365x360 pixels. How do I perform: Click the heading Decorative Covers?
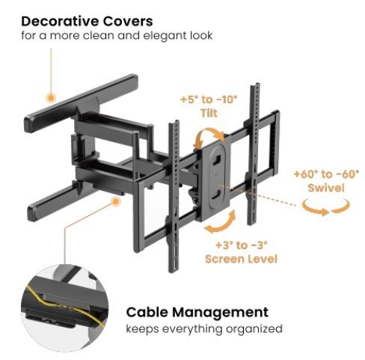87,21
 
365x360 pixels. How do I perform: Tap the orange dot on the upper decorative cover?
51,98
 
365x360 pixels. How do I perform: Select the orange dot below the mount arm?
115,201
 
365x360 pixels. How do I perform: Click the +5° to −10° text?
209,100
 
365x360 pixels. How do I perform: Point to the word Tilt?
209,113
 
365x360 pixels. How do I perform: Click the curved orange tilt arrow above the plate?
209,137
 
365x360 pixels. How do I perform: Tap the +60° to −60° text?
327,174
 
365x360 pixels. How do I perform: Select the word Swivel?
326,188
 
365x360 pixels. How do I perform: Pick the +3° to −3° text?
242,245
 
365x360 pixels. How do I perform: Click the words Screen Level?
241,259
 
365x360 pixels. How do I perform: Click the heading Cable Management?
197,312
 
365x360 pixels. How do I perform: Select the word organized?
254,329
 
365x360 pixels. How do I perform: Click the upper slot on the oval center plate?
216,159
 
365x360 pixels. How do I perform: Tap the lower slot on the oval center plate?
216,194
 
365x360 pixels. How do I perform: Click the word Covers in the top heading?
128,21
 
